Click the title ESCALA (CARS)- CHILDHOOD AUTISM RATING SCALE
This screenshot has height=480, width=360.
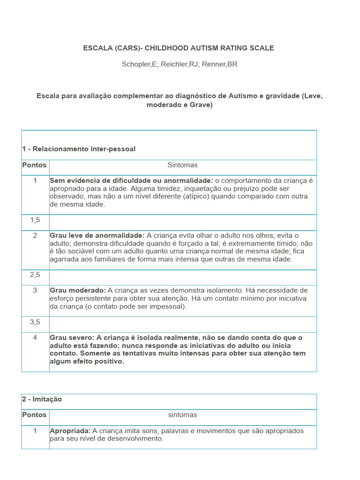click(178, 48)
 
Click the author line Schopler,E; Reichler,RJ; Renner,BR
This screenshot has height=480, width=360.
click(180, 64)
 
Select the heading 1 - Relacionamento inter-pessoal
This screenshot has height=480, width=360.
click(79, 149)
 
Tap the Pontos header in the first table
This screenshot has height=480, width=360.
click(35, 165)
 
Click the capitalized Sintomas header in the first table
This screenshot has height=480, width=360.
click(182, 165)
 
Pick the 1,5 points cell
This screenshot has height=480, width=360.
click(35, 219)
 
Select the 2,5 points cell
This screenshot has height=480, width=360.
click(35, 275)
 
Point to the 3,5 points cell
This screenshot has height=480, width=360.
click(35, 322)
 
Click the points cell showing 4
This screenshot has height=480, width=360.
click(35, 337)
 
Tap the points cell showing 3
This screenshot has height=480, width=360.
click(35, 290)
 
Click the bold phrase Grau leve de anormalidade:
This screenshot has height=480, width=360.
click(97, 235)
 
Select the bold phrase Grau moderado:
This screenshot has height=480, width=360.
click(78, 291)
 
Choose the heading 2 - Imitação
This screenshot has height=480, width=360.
click(42, 399)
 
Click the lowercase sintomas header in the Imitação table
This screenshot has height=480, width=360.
click(182, 415)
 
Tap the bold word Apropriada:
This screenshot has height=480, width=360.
click(70, 431)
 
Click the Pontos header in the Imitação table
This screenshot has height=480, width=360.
click(35, 415)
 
